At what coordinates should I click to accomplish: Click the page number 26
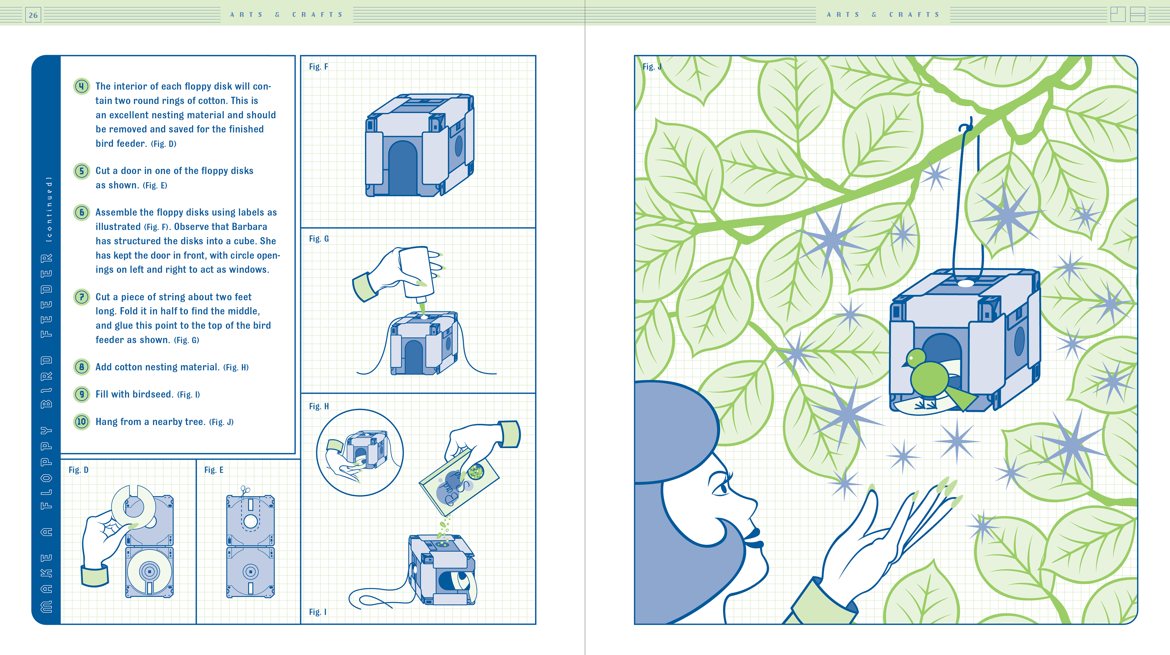[x=33, y=15]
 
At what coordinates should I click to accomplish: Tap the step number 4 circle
[x=81, y=86]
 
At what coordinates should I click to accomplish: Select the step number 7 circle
[x=81, y=297]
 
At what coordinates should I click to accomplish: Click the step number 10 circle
[x=81, y=422]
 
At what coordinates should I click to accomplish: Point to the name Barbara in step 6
[x=243, y=227]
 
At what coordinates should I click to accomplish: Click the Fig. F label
[x=318, y=67]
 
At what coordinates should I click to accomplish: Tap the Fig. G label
[x=319, y=239]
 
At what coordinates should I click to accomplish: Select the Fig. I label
[x=317, y=612]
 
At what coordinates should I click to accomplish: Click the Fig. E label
[x=214, y=470]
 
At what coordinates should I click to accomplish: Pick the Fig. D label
[x=78, y=470]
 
